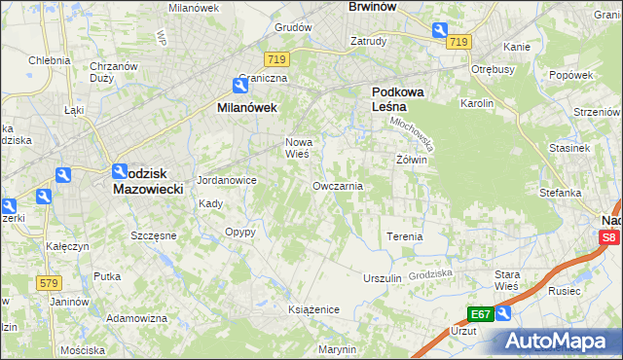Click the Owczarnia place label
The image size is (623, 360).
(338, 185)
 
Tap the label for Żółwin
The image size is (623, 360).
(412, 160)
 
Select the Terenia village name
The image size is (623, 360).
(405, 236)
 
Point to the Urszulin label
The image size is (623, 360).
(383, 278)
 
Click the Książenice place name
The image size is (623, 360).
(313, 308)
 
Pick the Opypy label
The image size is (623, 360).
(239, 232)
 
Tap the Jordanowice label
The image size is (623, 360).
(227, 180)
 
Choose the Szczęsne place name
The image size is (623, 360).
(153, 235)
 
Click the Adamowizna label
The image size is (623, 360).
(134, 318)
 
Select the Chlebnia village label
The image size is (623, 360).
(49, 59)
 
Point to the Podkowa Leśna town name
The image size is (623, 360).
(395, 99)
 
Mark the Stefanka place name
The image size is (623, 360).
(561, 193)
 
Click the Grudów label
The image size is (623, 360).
(292, 28)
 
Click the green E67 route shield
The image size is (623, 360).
(480, 313)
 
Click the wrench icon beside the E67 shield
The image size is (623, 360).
(502, 313)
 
